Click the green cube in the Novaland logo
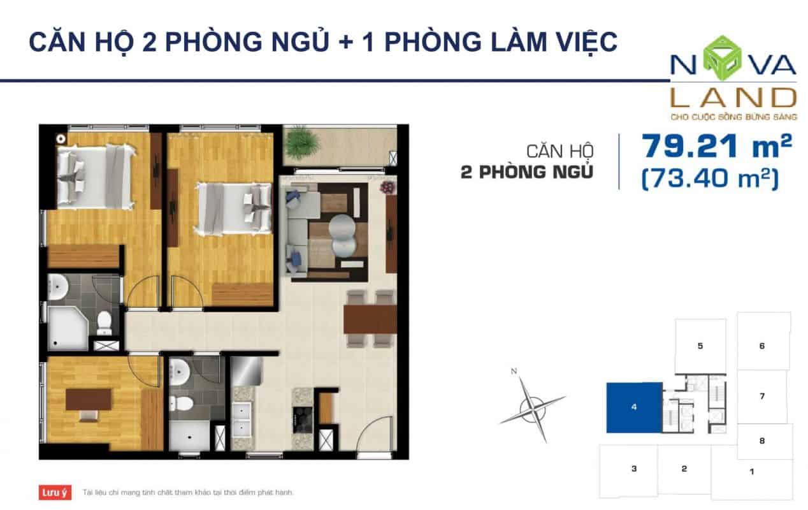click(722, 58)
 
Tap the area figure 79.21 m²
click(716, 146)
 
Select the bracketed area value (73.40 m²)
click(711, 178)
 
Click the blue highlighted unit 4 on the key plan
click(634, 407)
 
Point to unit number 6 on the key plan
click(762, 346)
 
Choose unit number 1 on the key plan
click(752, 471)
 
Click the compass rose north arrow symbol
click(533, 409)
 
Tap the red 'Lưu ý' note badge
click(55, 492)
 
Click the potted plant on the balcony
click(301, 143)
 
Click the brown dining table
click(370, 319)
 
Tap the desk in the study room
click(89, 400)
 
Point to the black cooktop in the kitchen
click(302, 419)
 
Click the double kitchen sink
click(242, 420)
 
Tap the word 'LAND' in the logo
click(733, 98)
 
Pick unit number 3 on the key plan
click(634, 469)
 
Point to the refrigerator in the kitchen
click(247, 371)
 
